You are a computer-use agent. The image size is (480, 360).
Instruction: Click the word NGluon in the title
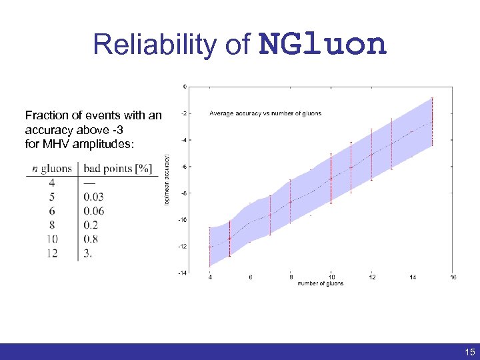point(323,45)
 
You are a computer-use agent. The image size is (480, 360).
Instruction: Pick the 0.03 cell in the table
point(94,197)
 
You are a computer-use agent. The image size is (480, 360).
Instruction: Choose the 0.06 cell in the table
point(94,211)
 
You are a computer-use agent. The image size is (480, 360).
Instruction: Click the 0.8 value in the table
point(91,239)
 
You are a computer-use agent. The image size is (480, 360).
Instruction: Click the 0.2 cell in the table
point(91,225)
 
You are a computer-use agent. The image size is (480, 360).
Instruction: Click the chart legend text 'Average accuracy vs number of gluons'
point(265,113)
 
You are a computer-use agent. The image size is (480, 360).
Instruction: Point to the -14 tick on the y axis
point(182,273)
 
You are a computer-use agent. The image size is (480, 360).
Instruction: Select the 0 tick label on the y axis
point(185,86)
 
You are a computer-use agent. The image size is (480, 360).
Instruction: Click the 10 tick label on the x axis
point(331,277)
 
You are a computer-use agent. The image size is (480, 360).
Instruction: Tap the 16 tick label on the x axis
point(453,277)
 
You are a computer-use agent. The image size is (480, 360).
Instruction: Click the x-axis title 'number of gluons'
point(321,283)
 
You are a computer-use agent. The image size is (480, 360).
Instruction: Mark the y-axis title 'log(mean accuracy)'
point(167,179)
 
